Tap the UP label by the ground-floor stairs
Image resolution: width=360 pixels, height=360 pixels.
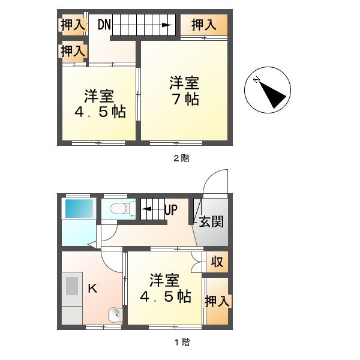pos(170,211)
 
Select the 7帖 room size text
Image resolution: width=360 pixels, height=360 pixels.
pos(184,99)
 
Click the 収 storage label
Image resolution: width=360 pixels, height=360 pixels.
pos(217,262)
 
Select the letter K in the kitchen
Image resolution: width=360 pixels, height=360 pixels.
pos(93,289)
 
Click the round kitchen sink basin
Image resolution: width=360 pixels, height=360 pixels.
pos(115,314)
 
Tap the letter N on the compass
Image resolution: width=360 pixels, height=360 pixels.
pos(256,80)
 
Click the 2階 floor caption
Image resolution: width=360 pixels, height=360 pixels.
pos(181,158)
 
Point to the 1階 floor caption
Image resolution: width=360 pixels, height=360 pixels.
pos(181,343)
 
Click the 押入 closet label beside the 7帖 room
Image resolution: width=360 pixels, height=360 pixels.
pos(204,25)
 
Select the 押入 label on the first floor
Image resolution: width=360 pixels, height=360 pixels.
pos(217,302)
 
